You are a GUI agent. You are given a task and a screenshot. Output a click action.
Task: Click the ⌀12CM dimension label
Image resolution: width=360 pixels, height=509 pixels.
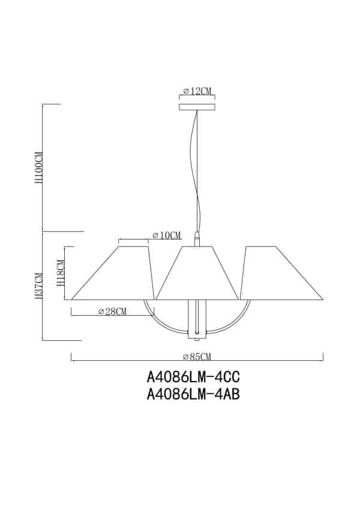197,91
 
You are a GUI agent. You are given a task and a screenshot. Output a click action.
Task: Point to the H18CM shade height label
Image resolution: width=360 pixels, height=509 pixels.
60,273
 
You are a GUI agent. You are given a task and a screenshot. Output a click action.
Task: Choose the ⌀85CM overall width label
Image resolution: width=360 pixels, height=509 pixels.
197,357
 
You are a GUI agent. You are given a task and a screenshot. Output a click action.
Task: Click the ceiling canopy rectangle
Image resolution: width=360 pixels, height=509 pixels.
197,107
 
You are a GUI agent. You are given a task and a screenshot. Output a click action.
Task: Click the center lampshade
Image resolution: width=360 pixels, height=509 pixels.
197,273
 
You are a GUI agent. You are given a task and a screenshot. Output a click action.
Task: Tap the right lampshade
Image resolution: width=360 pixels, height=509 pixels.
281,273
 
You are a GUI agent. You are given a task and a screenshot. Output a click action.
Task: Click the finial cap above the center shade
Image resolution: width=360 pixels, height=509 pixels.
197,238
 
